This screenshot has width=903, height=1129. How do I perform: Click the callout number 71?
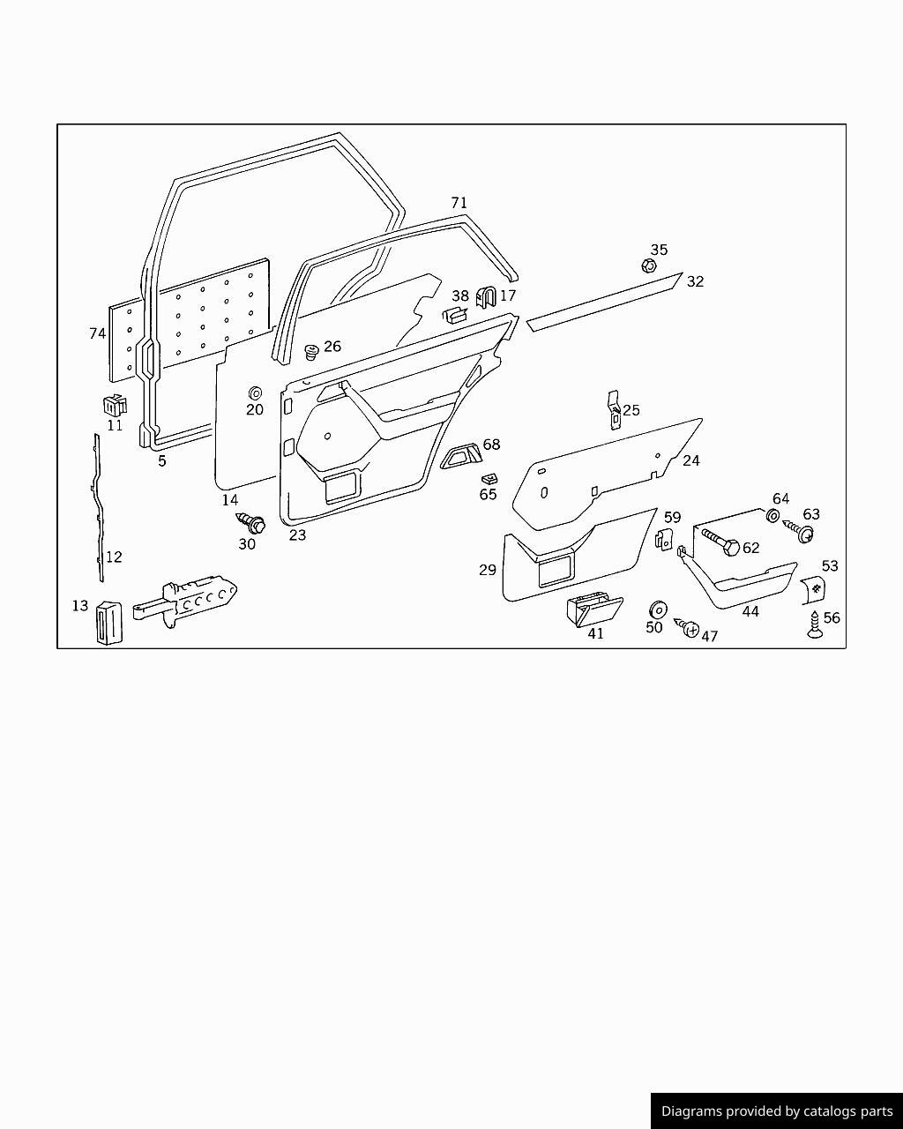pos(459,203)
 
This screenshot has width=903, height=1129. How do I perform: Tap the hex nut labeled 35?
pos(649,265)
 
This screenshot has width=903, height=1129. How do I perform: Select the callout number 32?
pos(695,281)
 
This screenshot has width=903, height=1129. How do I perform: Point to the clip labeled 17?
pos(486,297)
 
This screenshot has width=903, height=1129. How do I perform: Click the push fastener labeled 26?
pos(311,352)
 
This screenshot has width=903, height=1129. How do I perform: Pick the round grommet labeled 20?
pos(256,393)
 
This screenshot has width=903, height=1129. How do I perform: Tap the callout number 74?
pos(98,333)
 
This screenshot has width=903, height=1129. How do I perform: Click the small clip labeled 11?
pos(115,405)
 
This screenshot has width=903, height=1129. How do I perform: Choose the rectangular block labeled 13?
pos(109,624)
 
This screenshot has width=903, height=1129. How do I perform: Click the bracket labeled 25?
pos(614,410)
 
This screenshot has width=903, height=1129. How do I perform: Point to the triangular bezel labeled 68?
pos(461,455)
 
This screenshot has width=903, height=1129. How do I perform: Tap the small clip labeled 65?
pos(489,478)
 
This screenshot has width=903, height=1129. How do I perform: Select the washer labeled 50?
pos(658,609)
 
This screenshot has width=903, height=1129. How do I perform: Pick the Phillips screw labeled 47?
pos(687,626)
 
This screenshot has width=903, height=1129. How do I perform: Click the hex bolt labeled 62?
pos(719,542)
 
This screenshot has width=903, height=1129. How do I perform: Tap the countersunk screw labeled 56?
pos(815,624)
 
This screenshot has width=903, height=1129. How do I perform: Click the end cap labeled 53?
pos(813,590)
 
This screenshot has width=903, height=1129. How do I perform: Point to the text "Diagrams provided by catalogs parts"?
pos(777,1111)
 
